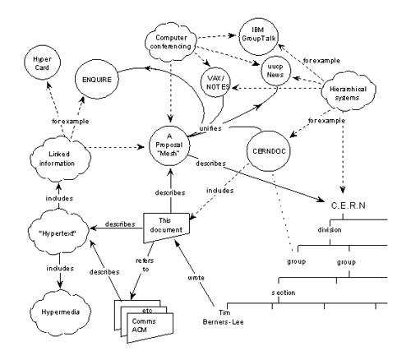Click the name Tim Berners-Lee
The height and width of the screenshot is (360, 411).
coord(224,317)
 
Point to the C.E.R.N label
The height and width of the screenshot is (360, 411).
coord(349,205)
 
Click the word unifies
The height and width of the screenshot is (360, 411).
coord(210,128)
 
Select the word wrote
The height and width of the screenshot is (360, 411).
coord(196,278)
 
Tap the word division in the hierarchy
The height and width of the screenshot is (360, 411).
coord(330,229)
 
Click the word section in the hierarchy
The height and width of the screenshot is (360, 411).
coord(284,293)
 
